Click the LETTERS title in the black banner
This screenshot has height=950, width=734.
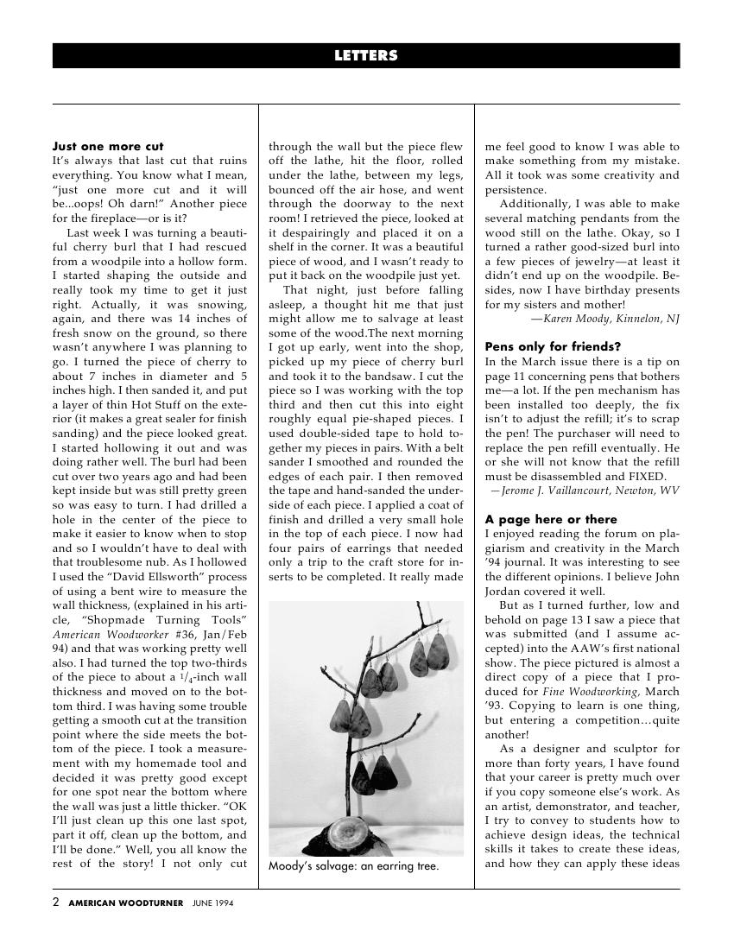[366, 56]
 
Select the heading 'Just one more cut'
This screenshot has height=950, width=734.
[108, 147]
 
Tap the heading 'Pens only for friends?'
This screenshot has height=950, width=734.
[553, 347]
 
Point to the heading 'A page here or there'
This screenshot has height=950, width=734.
[551, 519]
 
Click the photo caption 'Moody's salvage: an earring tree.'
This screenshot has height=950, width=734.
[353, 866]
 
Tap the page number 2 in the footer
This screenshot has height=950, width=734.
[56, 903]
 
